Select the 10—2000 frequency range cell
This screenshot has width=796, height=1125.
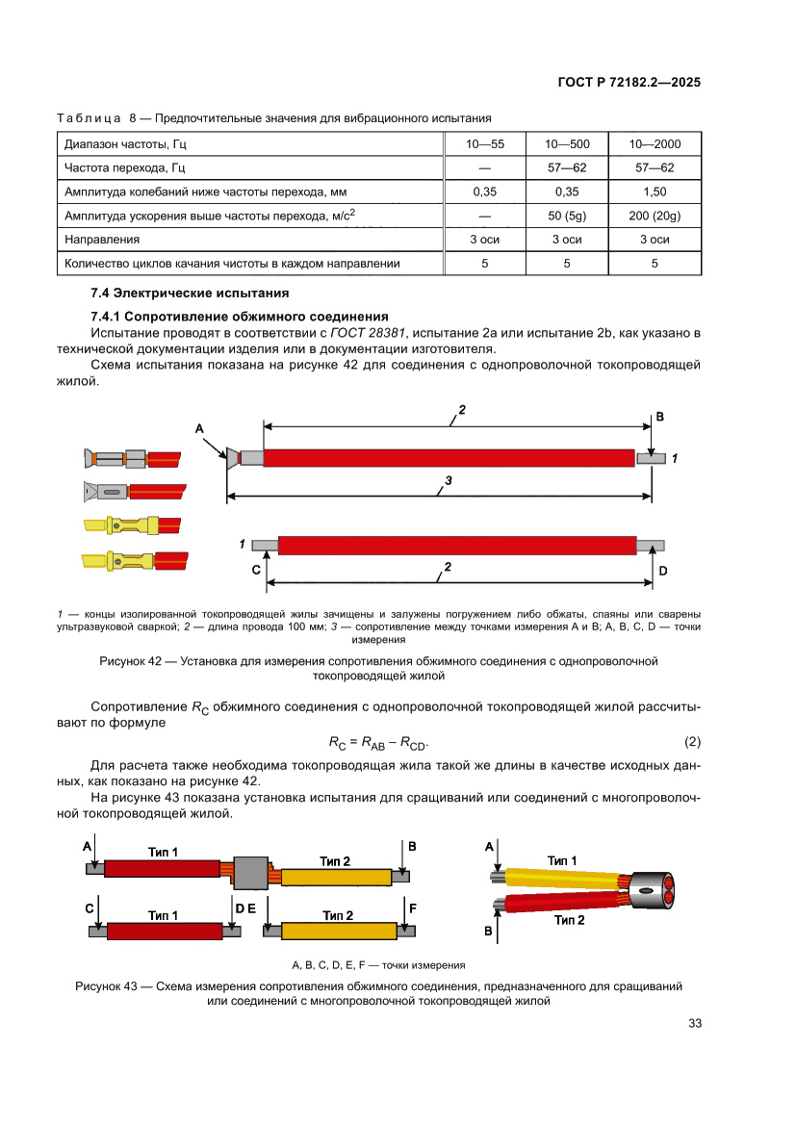655,144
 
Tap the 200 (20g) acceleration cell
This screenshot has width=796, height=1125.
655,216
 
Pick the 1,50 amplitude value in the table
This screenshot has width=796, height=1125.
655,192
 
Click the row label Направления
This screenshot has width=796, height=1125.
102,239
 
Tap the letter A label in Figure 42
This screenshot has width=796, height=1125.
200,427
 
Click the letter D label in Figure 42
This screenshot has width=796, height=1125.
663,570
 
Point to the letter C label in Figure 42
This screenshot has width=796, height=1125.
256,570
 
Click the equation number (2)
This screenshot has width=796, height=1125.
692,742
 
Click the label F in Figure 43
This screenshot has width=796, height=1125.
413,908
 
